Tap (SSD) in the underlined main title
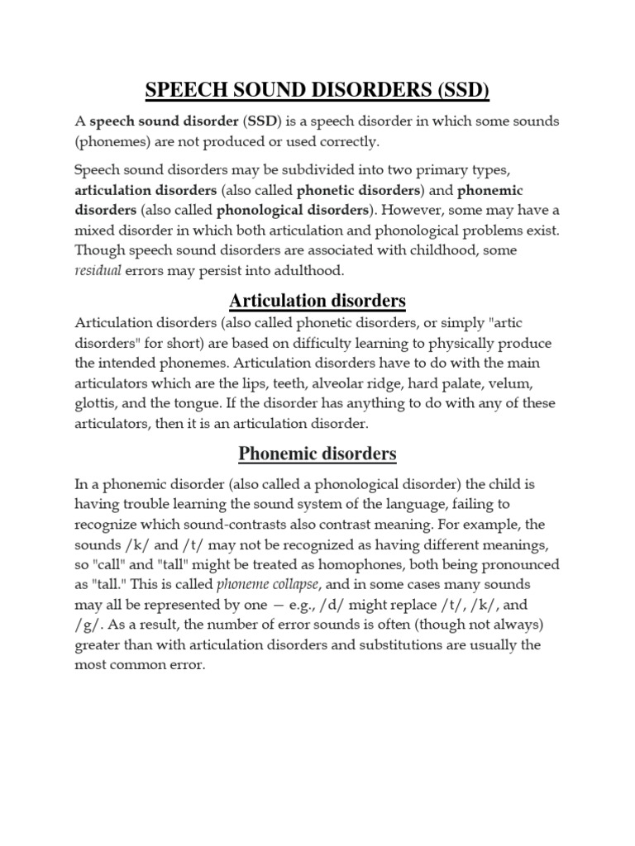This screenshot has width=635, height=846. [461, 89]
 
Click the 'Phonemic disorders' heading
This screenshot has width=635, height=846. [317, 454]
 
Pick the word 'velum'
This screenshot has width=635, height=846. [533, 384]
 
